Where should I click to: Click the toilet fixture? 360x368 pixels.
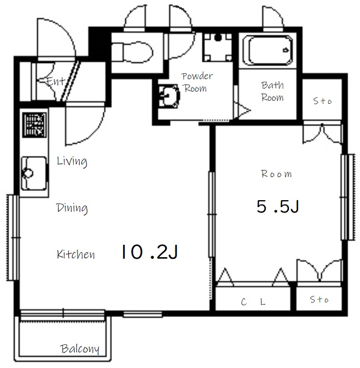[x=131, y=52]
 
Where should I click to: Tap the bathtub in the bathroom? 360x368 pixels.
[x=268, y=51]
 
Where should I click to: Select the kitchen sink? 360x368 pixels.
[x=34, y=173]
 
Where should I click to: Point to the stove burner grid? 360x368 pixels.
[x=34, y=125]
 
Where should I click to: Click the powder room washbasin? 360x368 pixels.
[x=169, y=96]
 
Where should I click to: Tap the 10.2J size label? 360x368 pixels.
[x=150, y=252]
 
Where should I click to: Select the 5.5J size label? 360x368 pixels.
[x=278, y=207]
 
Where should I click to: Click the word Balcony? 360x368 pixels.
[x=80, y=349]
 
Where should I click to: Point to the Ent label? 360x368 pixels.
[x=55, y=81]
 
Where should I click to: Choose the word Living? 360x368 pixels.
[x=72, y=161]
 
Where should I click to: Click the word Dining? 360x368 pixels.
[x=72, y=208]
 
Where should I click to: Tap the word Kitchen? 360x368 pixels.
[x=76, y=254]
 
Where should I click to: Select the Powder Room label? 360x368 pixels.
[x=196, y=82]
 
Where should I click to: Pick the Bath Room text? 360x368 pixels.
[x=272, y=91]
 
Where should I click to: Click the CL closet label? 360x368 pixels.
[x=253, y=302]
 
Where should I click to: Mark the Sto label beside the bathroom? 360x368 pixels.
[x=322, y=101]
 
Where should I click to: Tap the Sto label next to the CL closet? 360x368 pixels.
[x=319, y=300]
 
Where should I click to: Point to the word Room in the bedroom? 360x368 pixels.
[x=277, y=174]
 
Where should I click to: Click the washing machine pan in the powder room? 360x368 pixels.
[x=217, y=47]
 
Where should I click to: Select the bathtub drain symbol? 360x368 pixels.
[x=286, y=50]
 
